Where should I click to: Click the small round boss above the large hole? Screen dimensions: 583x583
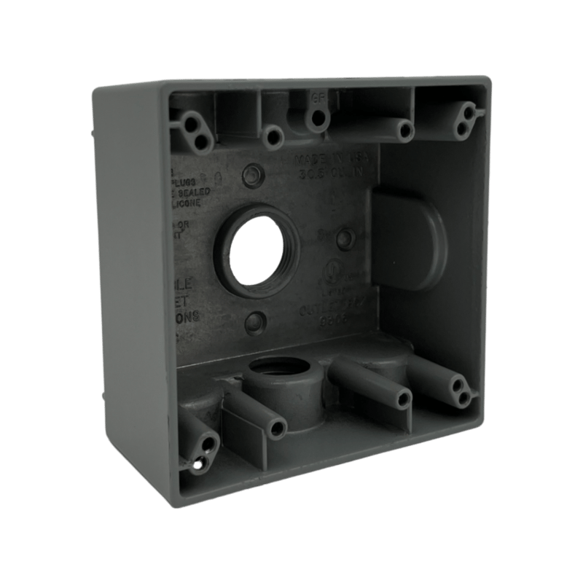pos(252,176)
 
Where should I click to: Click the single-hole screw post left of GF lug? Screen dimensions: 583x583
pos(274,134)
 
